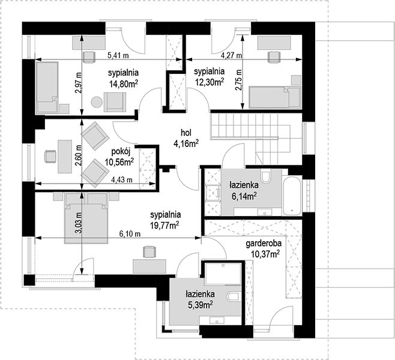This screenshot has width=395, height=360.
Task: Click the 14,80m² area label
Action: [124, 83]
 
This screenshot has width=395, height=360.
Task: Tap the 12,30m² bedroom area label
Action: [210, 82]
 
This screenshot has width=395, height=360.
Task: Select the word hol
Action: [186, 133]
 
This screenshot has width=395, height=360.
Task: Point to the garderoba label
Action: [264, 244]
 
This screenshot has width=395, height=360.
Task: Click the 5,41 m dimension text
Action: [118, 55]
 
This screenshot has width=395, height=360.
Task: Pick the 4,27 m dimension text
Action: [231, 55]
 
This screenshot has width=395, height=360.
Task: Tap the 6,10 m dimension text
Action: [130, 234]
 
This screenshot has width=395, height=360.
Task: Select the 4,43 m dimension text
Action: [122, 180]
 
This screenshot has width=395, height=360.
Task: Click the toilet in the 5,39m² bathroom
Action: [234, 297]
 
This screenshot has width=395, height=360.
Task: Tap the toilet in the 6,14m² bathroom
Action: [265, 176]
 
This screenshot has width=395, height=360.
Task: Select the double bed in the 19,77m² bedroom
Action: [86, 218]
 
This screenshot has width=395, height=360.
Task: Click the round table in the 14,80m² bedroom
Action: [97, 103]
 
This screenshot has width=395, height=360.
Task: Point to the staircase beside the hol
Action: [256, 139]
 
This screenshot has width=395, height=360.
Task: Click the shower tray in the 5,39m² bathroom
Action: [223, 274]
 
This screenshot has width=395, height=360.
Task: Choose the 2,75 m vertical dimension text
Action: [238, 80]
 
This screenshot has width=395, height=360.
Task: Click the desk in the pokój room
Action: [65, 157]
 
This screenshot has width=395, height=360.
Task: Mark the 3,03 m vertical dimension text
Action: [79, 223]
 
